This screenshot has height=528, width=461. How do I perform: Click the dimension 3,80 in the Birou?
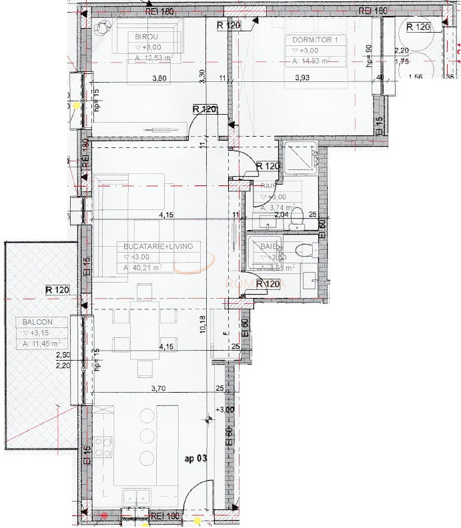[159, 78]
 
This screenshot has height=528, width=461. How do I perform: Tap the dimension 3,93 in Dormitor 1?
[304, 78]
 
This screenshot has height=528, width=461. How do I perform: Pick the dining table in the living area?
[139, 326]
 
